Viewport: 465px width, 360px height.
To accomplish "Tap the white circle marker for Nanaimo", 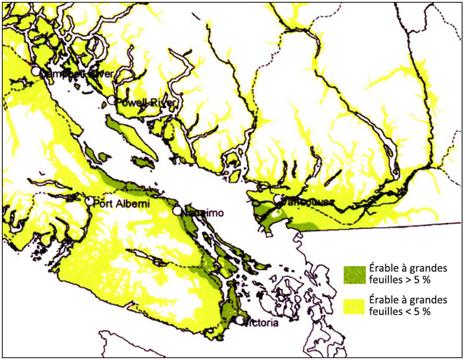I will point(178,211).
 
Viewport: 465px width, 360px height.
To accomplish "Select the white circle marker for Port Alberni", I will point(90,201).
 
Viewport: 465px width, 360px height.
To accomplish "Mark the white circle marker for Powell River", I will point(112,100).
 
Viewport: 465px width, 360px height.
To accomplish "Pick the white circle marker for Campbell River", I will point(36,72).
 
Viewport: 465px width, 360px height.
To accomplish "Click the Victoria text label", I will point(259,323).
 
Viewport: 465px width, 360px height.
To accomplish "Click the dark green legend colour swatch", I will point(354,273).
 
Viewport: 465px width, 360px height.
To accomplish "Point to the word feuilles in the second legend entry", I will point(386,311).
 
